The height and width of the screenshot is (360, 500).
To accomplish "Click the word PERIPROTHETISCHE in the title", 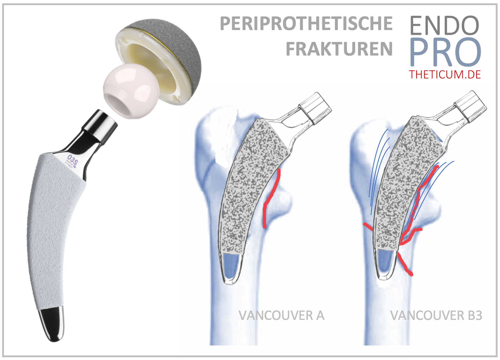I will pos(306,24).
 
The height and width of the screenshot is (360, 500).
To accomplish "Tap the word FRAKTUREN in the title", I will pos(339,49).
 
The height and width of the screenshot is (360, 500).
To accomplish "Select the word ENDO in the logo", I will pos(444,26).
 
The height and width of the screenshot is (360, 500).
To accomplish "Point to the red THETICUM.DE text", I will pos(445,75).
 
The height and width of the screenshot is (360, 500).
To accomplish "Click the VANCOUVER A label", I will pos(281,316).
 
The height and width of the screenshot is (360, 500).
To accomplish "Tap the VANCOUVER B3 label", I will pos(436,316).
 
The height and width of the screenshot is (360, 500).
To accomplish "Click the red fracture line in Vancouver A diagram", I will pos(271,197).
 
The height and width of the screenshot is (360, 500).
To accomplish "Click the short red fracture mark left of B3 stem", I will pos(368,226).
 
